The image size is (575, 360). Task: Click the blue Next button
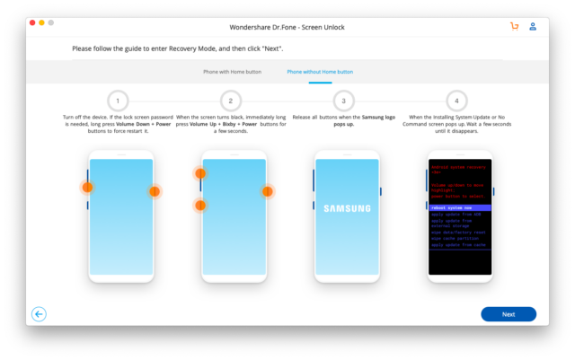[508, 314]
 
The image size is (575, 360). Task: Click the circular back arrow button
[39, 314]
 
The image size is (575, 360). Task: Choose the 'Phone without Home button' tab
[320, 71]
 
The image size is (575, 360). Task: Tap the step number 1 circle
[118, 101]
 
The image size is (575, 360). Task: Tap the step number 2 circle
[231, 101]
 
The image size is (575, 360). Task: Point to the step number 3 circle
[344, 101]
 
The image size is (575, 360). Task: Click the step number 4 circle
[457, 101]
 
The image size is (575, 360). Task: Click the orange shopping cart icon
[514, 26]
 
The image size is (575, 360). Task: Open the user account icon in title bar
[534, 26]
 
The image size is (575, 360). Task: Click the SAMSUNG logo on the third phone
[346, 208]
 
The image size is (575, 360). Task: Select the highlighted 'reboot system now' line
[459, 207]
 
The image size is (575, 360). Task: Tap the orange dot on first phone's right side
[155, 191]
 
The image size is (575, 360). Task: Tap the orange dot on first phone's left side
[87, 188]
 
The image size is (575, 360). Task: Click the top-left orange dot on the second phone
[200, 173]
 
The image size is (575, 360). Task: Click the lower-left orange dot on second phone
[200, 206]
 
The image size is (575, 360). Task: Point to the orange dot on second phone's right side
[267, 191]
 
